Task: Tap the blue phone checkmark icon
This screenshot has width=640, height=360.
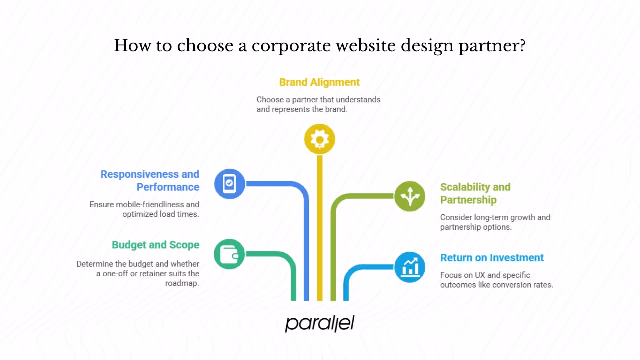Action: [229, 184]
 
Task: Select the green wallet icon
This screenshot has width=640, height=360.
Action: [229, 254]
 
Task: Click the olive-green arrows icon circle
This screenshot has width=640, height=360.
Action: [410, 196]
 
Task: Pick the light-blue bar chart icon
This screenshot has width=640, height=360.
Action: [410, 267]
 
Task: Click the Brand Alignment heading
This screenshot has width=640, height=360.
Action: [319, 82]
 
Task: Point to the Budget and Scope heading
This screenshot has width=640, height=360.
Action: [155, 245]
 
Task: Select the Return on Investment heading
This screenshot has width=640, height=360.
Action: [492, 258]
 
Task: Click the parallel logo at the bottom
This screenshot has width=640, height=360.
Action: [320, 323]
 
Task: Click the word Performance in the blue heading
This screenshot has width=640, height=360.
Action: [168, 187]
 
